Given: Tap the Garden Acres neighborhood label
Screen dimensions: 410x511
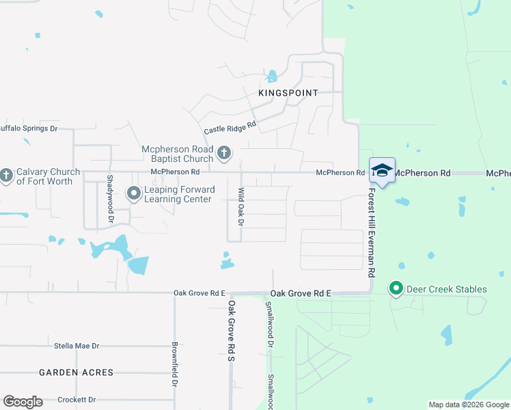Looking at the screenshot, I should coord(76,372).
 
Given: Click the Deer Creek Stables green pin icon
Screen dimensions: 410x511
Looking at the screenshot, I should coord(396,289).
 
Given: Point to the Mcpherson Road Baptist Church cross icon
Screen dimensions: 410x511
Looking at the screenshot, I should coord(224,154).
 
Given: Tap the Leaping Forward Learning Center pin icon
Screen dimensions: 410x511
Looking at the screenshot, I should coord(133,195).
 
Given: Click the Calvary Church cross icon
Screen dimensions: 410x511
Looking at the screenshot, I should coord(6,176).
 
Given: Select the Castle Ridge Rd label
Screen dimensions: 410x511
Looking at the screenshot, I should coord(230,128).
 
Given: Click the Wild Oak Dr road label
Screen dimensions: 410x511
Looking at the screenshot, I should coord(240,208).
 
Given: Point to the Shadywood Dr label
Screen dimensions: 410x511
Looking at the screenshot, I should coord(110,199).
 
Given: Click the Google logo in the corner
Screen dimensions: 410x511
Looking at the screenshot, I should coord(22,402).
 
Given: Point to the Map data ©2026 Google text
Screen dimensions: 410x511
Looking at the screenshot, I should coord(468,405).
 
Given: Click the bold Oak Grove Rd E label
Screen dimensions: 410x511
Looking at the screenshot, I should coord(301,293).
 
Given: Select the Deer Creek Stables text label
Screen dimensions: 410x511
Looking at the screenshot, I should coord(447,289).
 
